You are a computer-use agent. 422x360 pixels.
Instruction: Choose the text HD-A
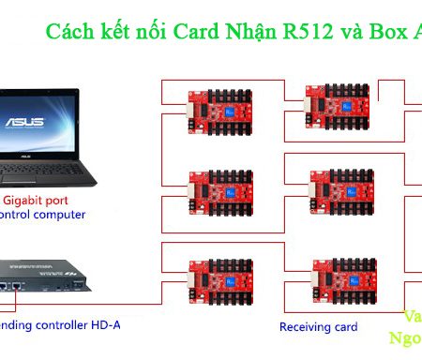click(x=104, y=325)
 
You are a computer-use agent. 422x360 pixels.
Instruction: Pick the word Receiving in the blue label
click(x=306, y=327)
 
